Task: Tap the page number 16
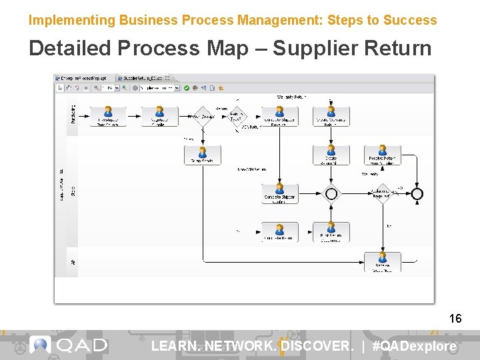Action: [455, 319]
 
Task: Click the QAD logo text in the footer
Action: [81, 345]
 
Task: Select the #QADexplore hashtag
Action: [414, 346]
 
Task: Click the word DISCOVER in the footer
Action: [316, 346]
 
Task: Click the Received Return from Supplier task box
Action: [382, 156]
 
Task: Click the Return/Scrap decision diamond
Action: [202, 116]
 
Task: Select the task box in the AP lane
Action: [382, 261]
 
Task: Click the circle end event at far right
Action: [417, 194]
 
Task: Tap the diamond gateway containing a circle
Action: [331, 194]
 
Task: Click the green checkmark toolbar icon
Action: [187, 87]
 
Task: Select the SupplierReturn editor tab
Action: [142, 78]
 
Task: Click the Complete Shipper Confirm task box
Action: [279, 195]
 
